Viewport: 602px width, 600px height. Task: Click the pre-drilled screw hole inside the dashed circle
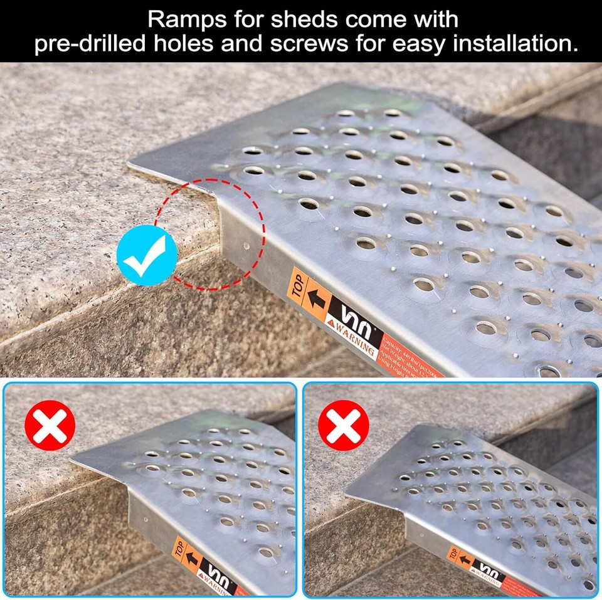246,245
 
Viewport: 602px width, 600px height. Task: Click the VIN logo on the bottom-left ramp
218,573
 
